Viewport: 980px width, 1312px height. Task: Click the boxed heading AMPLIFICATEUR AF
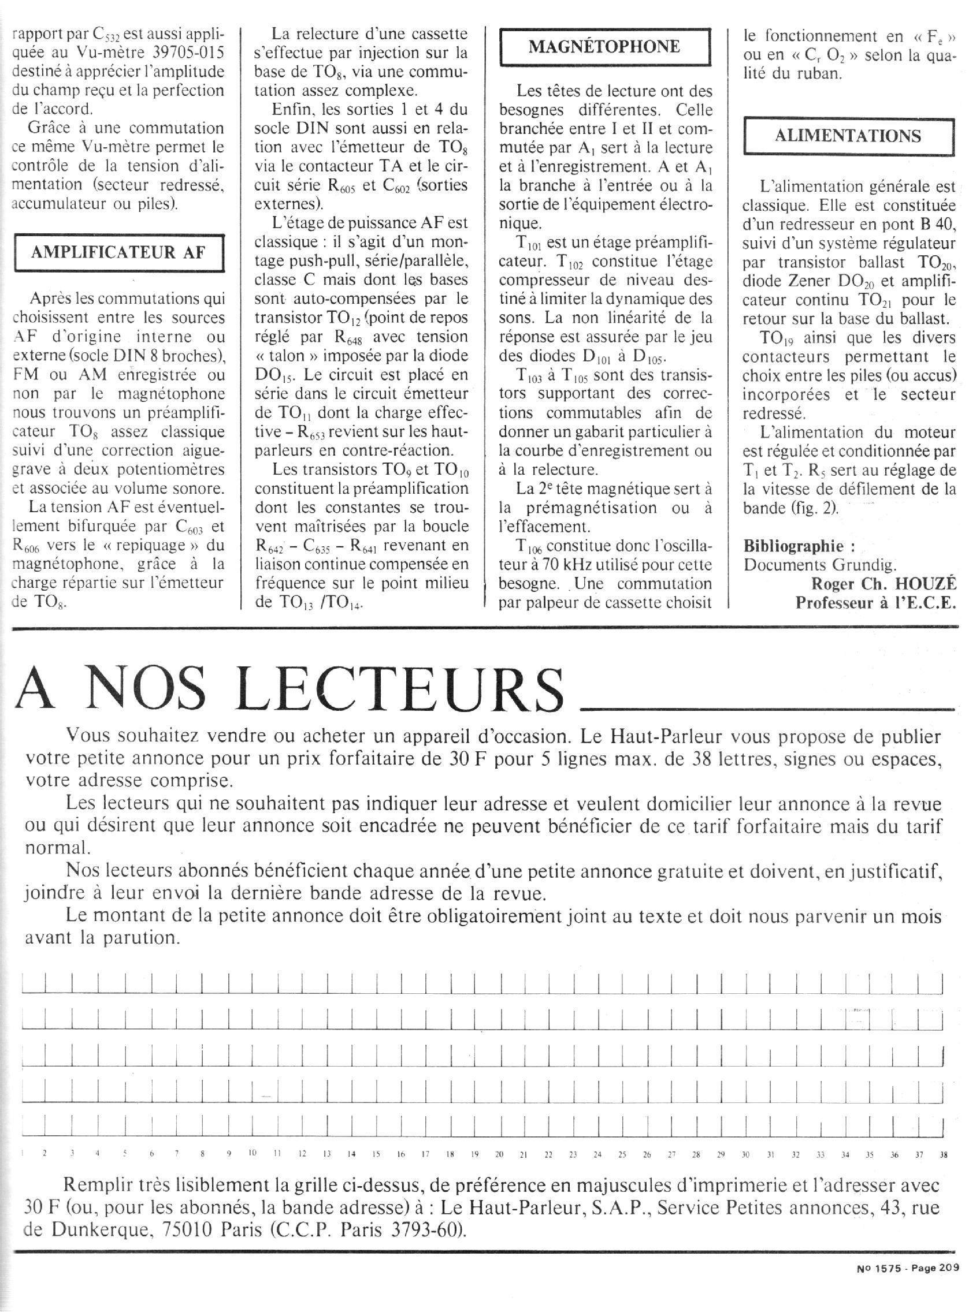coord(118,252)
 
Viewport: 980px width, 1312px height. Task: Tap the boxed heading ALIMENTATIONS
coord(848,136)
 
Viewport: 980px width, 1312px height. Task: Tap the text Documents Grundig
coord(821,564)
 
